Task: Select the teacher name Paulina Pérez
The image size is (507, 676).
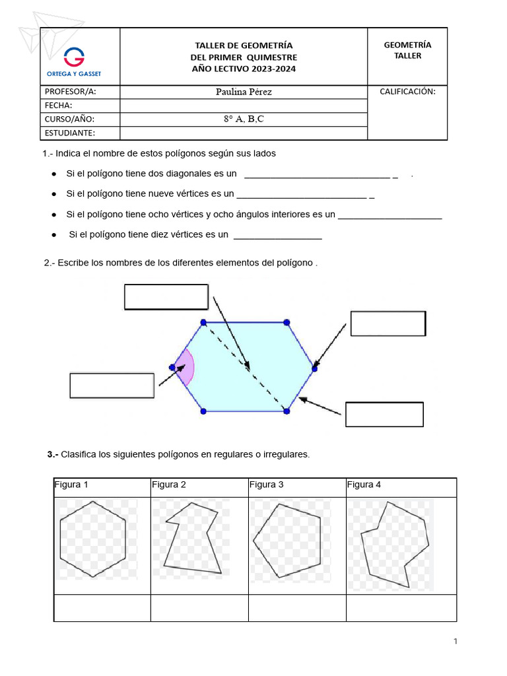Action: [244, 92]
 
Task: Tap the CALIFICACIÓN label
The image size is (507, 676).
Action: [407, 92]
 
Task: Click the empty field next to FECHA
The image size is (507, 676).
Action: [244, 106]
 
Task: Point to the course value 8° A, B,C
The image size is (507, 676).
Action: [244, 119]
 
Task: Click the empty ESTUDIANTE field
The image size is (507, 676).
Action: [244, 133]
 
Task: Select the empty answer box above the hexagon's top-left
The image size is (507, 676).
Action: [166, 296]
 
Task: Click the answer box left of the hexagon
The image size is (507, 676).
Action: [112, 386]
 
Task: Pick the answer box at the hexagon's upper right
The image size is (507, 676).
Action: [388, 323]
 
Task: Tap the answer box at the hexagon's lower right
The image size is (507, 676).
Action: [384, 415]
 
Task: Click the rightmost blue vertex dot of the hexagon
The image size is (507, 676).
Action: [314, 368]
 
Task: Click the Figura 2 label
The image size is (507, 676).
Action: [169, 485]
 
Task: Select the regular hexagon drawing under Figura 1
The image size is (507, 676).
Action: [93, 539]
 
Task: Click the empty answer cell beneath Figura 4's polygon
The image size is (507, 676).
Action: [401, 608]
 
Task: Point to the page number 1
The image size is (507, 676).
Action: [456, 641]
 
